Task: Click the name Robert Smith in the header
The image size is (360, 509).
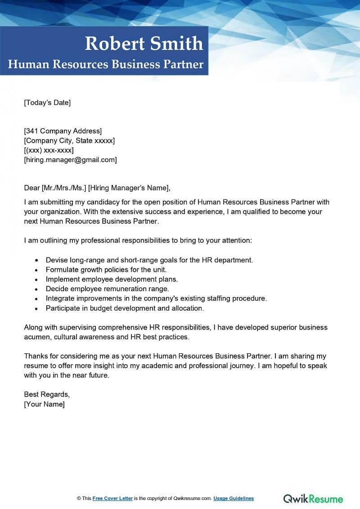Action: coord(144,44)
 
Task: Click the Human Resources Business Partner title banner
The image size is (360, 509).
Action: coord(106,64)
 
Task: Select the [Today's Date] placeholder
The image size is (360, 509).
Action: coord(47,103)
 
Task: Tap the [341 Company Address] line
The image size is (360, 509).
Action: coord(63,131)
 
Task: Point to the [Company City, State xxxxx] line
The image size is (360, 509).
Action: coord(69,140)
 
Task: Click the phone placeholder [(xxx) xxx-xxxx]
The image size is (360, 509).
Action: coord(49,150)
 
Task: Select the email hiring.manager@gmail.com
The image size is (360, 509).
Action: coord(70,159)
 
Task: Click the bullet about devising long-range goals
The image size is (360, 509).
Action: coord(149,260)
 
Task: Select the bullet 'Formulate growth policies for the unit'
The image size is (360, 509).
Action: coord(106,270)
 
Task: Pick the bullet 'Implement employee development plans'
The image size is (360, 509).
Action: coord(112,279)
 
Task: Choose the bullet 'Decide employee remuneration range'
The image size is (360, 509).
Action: coord(107,288)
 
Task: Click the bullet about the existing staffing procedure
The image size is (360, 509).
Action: coord(156,298)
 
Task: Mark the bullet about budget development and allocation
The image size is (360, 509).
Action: coord(125,308)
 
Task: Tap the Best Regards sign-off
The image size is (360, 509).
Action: coord(47,394)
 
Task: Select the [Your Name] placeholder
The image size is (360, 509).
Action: coord(44,404)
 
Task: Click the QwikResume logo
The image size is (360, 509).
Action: coord(313,498)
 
